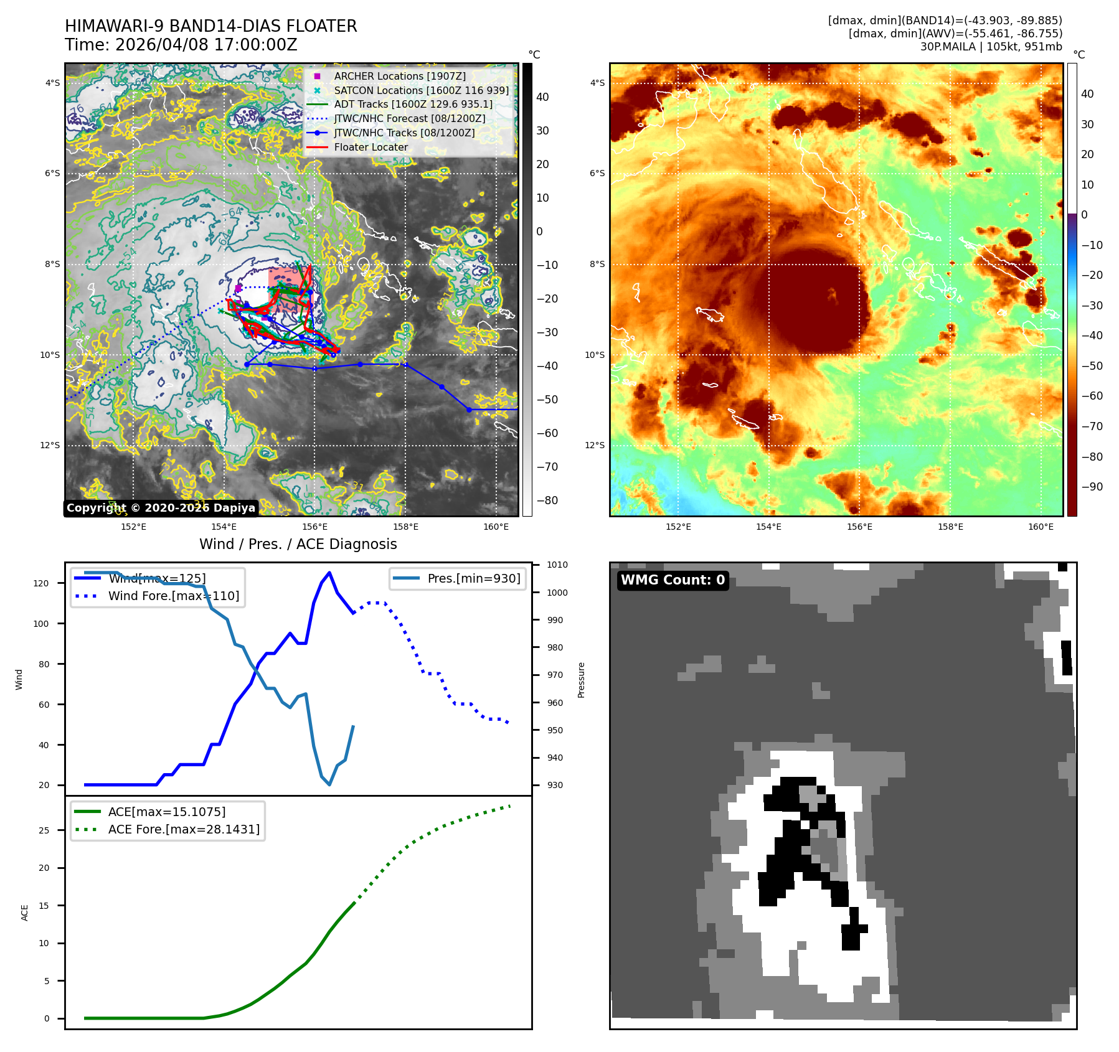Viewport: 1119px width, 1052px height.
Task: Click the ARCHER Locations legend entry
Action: tap(399, 76)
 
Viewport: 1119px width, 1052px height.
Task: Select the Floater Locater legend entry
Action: tap(371, 147)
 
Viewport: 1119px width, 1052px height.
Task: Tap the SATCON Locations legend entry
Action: tap(421, 90)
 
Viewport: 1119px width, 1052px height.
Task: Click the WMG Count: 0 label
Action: tap(673, 580)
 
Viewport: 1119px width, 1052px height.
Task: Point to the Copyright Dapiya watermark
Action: tap(161, 508)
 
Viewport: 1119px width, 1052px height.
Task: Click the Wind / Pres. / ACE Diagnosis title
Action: tap(298, 544)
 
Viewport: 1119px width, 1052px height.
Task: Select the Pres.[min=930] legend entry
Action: tap(473, 578)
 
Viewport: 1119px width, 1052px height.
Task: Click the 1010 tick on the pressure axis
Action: tap(557, 565)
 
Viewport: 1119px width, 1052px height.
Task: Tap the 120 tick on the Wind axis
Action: tap(41, 583)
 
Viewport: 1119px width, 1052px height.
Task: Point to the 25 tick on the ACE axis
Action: tap(44, 830)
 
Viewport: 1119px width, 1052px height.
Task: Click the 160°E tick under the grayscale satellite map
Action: tap(496, 527)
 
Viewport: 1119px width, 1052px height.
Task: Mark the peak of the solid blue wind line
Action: tap(329, 573)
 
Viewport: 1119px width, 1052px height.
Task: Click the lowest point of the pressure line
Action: tap(329, 784)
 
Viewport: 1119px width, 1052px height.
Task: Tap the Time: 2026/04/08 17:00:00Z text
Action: tap(181, 45)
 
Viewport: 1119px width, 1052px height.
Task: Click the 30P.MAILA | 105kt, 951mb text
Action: tap(991, 47)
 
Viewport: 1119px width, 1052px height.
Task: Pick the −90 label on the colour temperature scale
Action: tap(1092, 487)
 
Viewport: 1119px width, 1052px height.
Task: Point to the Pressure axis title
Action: tap(581, 680)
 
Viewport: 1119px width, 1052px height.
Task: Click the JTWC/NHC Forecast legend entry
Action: tap(409, 118)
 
